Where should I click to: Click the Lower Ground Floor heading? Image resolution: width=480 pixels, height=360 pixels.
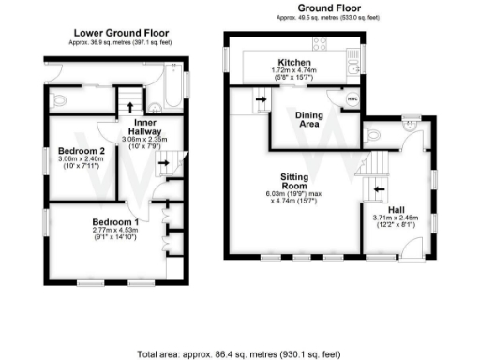coord(113,32)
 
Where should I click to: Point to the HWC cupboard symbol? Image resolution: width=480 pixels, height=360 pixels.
coord(352,98)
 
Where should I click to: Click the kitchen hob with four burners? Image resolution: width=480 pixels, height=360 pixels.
coord(321,43)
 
